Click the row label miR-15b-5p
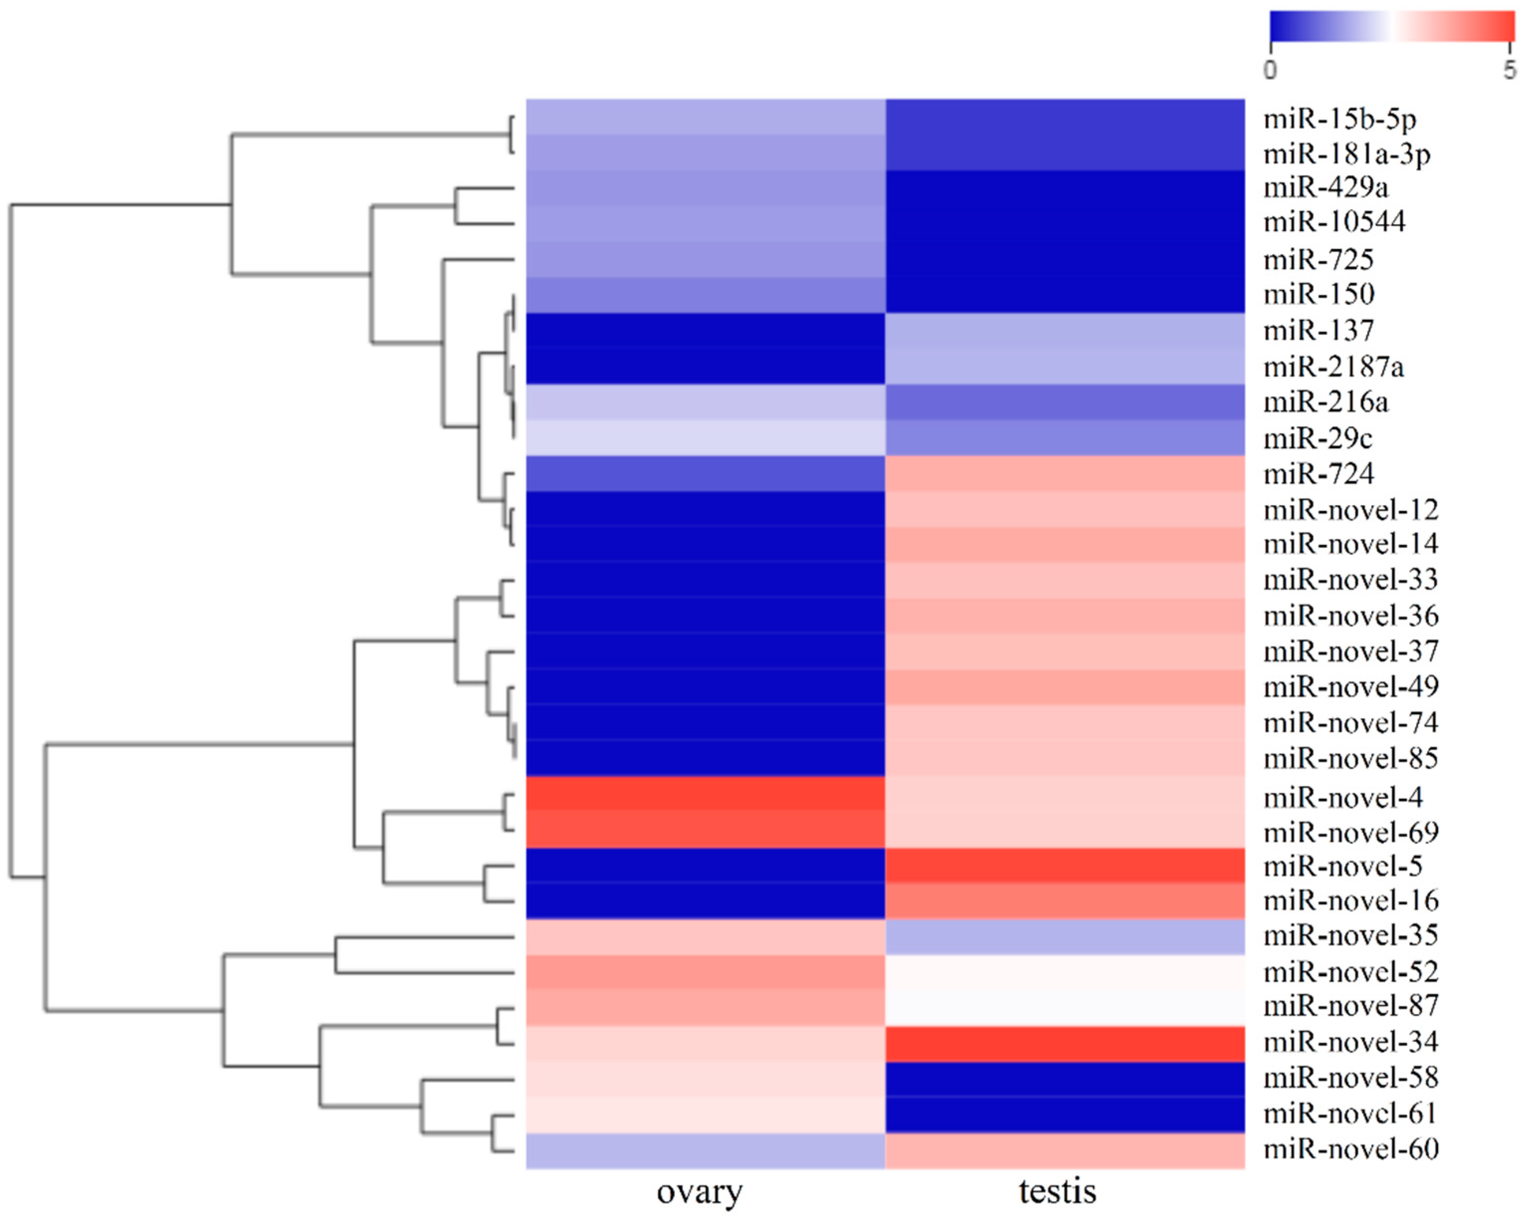click(x=1340, y=119)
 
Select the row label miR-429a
click(x=1325, y=188)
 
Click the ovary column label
click(x=699, y=1192)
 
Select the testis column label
click(x=1057, y=1191)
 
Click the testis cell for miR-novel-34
click(x=1065, y=1044)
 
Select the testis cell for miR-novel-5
click(x=1065, y=865)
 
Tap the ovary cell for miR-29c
click(x=705, y=437)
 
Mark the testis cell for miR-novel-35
click(x=1065, y=937)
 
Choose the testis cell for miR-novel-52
click(x=1065, y=973)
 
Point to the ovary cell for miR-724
click(x=705, y=473)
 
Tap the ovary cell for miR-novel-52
click(x=705, y=973)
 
